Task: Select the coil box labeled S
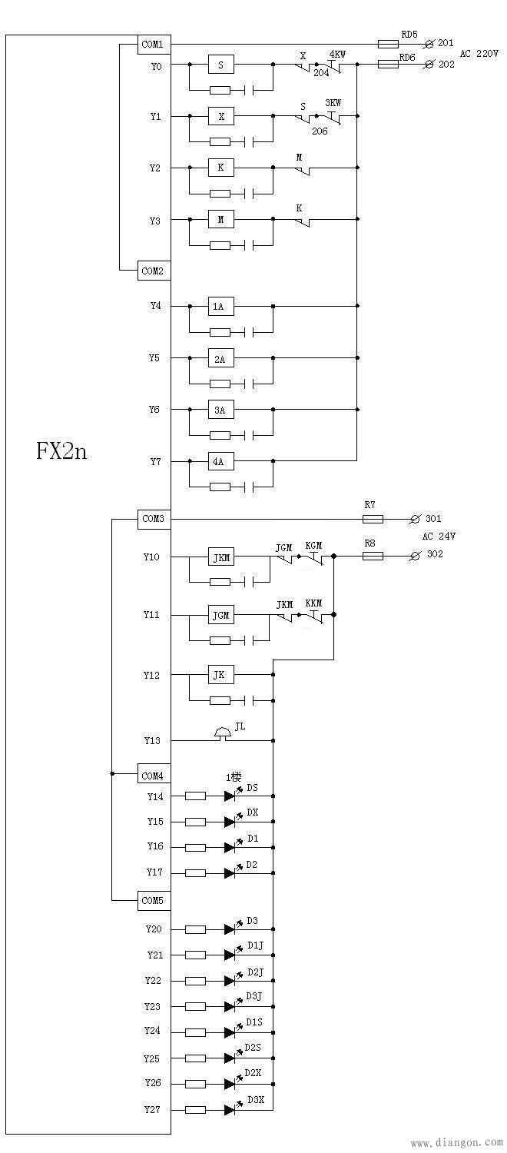click(221, 65)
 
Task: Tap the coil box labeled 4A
click(220, 462)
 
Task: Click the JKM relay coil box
click(221, 557)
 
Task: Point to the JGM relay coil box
click(221, 616)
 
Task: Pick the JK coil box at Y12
click(220, 675)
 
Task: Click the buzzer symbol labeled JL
click(223, 734)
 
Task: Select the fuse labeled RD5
click(389, 45)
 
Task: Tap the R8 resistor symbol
click(373, 555)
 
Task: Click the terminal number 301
click(434, 519)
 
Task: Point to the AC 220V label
click(479, 54)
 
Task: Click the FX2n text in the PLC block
click(61, 450)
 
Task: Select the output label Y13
click(153, 740)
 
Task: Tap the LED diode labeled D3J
click(229, 1006)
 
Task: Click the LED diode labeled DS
click(229, 796)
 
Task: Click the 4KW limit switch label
click(336, 55)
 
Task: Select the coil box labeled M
click(221, 220)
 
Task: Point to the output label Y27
click(153, 1110)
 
